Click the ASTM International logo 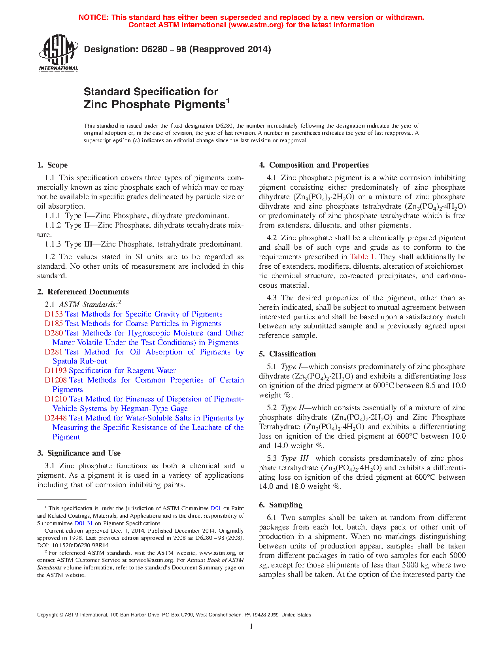click(x=59, y=53)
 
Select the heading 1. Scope click(x=53, y=165)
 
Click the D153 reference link click(x=54, y=314)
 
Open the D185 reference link click(x=54, y=324)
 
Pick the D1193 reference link click(x=56, y=371)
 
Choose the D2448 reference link click(x=56, y=418)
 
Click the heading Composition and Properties click(x=319, y=165)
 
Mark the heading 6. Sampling click(x=281, y=505)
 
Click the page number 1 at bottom click(x=251, y=626)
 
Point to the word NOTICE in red click(x=93, y=17)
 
